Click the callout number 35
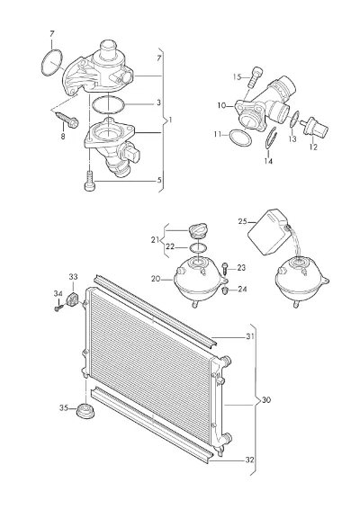64,407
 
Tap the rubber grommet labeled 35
86,411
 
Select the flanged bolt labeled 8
67,119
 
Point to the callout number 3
158,103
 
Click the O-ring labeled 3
108,105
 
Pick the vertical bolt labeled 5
89,181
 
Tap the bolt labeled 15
256,76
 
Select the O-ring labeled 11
240,138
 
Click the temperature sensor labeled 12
314,128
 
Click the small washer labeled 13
293,119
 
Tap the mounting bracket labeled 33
72,299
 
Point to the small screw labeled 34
58,307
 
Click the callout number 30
265,400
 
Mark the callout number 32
249,460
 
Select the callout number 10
221,105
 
